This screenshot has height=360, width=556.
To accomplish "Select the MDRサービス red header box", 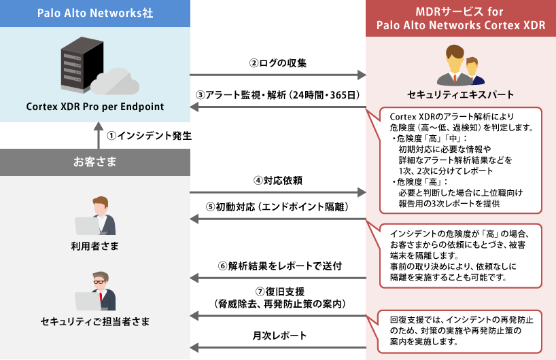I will click(x=461, y=18).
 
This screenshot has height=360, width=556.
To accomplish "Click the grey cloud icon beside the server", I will click(x=118, y=81).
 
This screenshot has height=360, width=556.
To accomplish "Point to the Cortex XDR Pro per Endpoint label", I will click(x=94, y=107).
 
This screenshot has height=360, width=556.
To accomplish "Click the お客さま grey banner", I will click(x=94, y=162).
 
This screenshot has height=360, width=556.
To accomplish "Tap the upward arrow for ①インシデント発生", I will click(x=94, y=135).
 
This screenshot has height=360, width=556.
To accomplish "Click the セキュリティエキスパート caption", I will click(x=461, y=94).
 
